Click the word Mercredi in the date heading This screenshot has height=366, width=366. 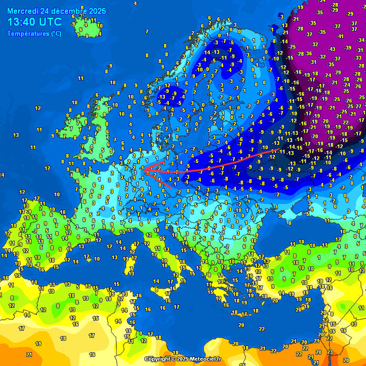23,11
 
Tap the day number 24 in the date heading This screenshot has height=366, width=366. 46,11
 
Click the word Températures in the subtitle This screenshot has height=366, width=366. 28,34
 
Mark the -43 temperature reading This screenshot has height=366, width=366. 331,49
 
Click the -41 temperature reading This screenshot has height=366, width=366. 340,36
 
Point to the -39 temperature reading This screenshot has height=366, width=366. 347,48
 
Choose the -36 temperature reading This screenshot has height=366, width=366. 309,53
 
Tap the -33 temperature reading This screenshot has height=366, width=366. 358,58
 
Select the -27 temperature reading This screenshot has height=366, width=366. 358,106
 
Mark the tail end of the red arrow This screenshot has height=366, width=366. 279,149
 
